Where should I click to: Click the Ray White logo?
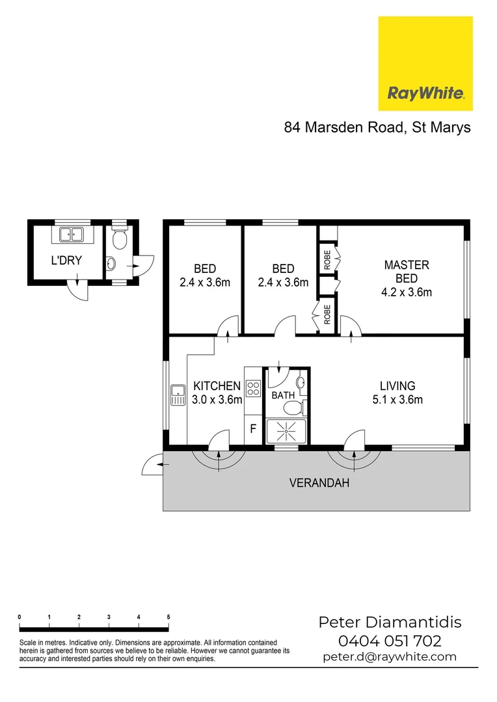coord(425,64)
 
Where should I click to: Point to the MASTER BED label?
coord(407,271)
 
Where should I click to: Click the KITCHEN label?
coord(217,386)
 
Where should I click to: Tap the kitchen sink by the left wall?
coord(176,395)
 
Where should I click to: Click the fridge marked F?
coord(253,430)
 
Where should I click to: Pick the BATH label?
coord(283,395)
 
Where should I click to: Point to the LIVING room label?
coord(397,386)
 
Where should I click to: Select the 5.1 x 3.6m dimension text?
coord(397,400)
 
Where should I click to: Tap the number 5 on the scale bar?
coord(168,616)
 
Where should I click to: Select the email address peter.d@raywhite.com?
coord(390,656)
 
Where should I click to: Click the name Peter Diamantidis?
coord(389,622)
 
